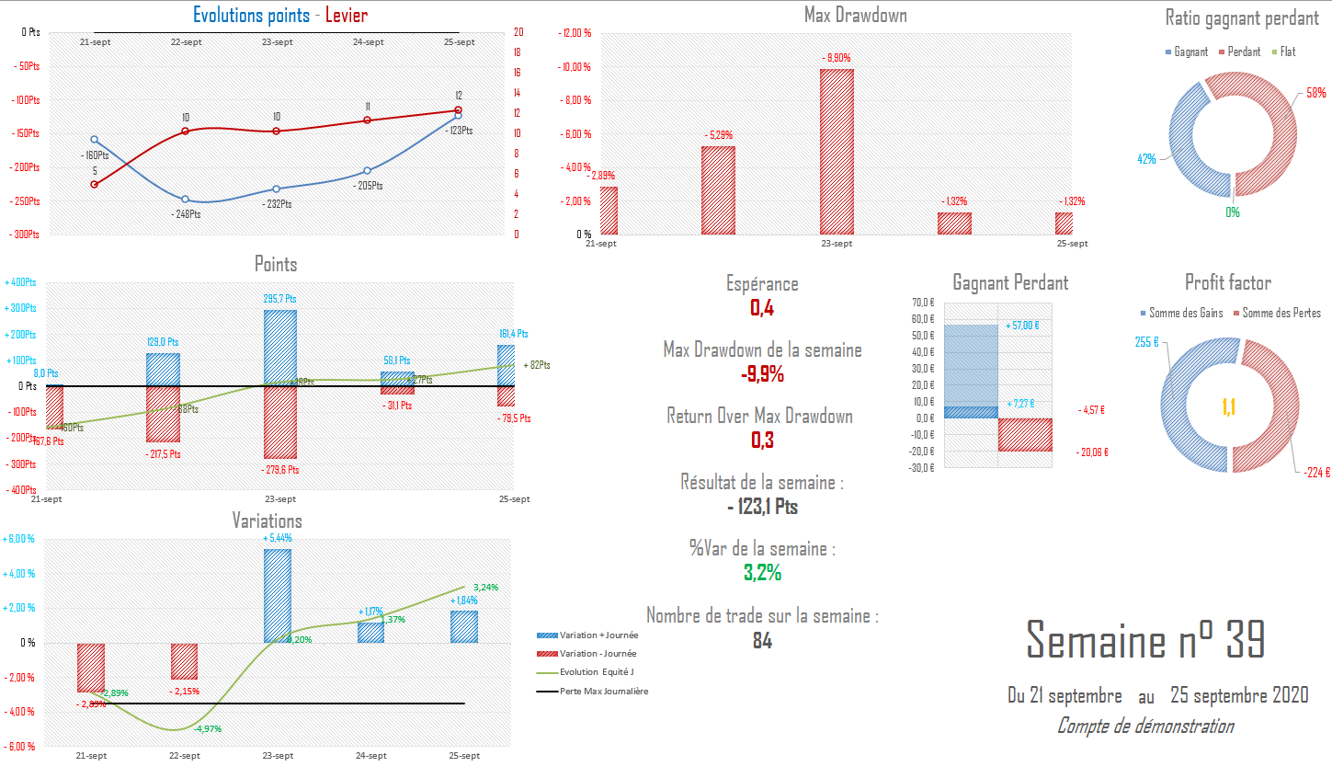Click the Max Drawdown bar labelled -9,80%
click(x=837, y=152)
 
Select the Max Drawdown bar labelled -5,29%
click(x=718, y=190)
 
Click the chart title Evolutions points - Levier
click(x=279, y=16)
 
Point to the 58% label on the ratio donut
click(x=1315, y=93)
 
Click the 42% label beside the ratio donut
click(x=1146, y=159)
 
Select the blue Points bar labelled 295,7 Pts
click(x=280, y=348)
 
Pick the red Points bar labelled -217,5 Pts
click(x=163, y=414)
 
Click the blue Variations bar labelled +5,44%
click(x=278, y=596)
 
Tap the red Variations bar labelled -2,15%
click(x=184, y=661)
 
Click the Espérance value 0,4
click(x=762, y=308)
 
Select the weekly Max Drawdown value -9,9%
click(x=762, y=374)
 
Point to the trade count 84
click(x=762, y=641)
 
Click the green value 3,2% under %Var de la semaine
click(x=762, y=573)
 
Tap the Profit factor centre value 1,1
click(x=1228, y=407)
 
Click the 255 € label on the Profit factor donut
click(x=1146, y=342)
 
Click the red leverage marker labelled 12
click(x=458, y=110)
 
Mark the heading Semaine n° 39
click(x=1145, y=640)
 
